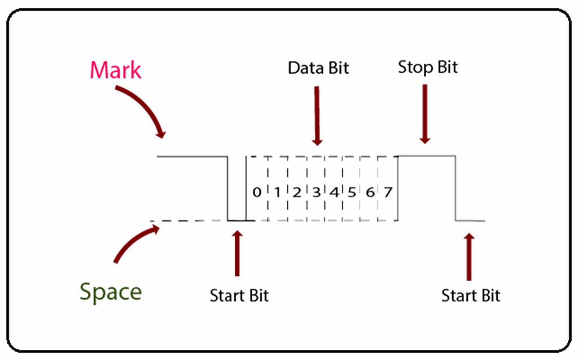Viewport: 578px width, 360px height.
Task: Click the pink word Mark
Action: pos(116,71)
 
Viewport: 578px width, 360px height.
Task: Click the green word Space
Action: pos(111,292)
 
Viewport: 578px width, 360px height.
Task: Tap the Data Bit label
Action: pos(318,68)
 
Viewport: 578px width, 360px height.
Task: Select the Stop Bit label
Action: pos(427,67)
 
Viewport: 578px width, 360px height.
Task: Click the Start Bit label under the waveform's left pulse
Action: pos(239,296)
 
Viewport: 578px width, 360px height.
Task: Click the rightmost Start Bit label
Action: pos(471,296)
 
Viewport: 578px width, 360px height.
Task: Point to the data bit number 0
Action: pos(257,192)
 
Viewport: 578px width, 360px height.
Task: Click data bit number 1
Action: pos(277,192)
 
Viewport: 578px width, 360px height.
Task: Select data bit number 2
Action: pos(296,192)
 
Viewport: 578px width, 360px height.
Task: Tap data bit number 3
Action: pos(316,192)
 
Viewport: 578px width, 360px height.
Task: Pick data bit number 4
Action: pos(334,192)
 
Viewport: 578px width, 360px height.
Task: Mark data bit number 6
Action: pos(370,192)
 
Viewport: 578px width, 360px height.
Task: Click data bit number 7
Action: pos(388,192)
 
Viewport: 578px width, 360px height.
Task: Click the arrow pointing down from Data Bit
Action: pos(317,116)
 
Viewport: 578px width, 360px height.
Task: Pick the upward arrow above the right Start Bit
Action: pos(468,257)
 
